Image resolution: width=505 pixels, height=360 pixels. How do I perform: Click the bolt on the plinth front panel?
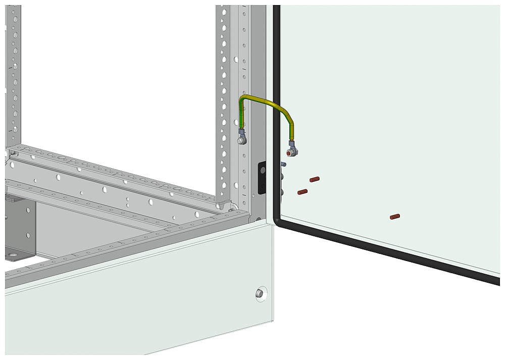click(261, 293)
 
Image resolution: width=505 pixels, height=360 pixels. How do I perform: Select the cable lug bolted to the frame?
click(241, 137)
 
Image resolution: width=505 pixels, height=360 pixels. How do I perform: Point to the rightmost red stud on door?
click(395, 217)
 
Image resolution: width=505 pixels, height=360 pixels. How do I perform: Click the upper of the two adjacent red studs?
click(315, 179)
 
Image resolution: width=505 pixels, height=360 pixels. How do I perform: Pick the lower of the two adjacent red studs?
click(302, 192)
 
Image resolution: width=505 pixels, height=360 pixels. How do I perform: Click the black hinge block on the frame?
click(262, 177)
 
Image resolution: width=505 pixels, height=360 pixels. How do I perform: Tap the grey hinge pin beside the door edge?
click(283, 164)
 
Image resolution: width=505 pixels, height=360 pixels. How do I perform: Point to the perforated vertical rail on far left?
click(14, 76)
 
